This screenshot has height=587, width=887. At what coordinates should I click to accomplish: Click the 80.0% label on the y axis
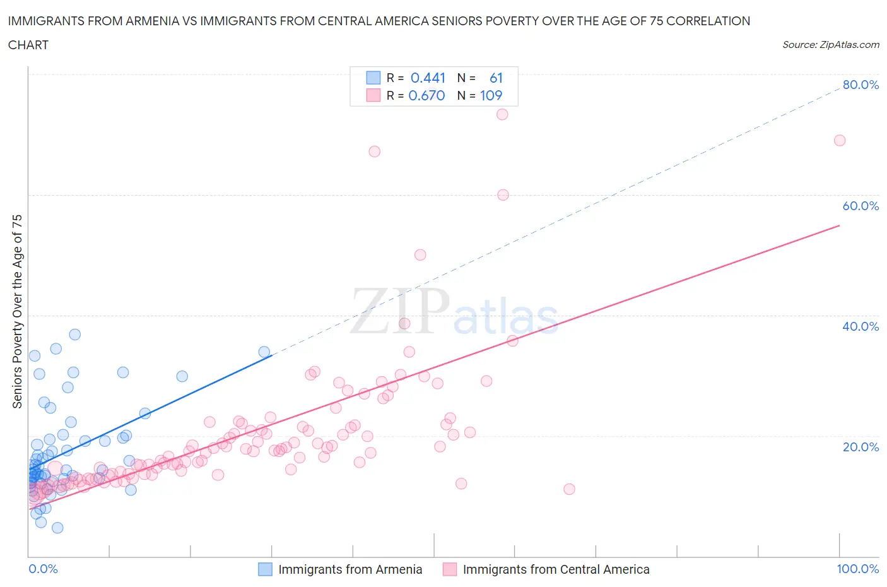pyautogui.click(x=861, y=85)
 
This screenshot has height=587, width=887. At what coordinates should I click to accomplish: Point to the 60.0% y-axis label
pyautogui.click(x=861, y=206)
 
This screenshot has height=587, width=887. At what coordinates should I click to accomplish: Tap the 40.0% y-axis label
pyautogui.click(x=861, y=326)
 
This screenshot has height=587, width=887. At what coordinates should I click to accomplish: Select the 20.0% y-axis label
pyautogui.click(x=861, y=447)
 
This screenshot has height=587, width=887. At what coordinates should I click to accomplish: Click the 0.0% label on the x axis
pyautogui.click(x=43, y=569)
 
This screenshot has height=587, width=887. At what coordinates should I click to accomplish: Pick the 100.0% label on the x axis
pyautogui.click(x=857, y=569)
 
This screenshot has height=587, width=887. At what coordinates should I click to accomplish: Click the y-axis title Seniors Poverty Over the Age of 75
pyautogui.click(x=17, y=311)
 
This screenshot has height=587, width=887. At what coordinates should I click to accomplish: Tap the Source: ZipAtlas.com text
pyautogui.click(x=830, y=45)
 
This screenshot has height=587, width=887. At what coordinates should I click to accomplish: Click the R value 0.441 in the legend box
pyautogui.click(x=428, y=78)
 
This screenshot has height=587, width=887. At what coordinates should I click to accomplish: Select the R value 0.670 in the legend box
pyautogui.click(x=426, y=95)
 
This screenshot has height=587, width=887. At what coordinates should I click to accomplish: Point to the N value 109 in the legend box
pyautogui.click(x=491, y=95)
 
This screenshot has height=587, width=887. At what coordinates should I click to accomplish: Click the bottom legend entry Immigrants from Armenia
pyautogui.click(x=350, y=569)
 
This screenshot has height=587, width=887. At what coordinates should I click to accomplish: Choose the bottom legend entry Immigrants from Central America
pyautogui.click(x=556, y=569)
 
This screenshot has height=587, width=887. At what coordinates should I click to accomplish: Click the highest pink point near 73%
pyautogui.click(x=502, y=114)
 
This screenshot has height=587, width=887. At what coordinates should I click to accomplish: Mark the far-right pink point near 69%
pyautogui.click(x=840, y=140)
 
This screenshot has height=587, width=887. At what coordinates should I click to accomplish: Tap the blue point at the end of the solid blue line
pyautogui.click(x=264, y=352)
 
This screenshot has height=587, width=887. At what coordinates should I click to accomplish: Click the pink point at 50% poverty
pyautogui.click(x=420, y=255)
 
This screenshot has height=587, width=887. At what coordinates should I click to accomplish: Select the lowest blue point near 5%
pyautogui.click(x=57, y=528)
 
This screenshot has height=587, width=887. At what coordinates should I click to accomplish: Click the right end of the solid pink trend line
pyautogui.click(x=840, y=225)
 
